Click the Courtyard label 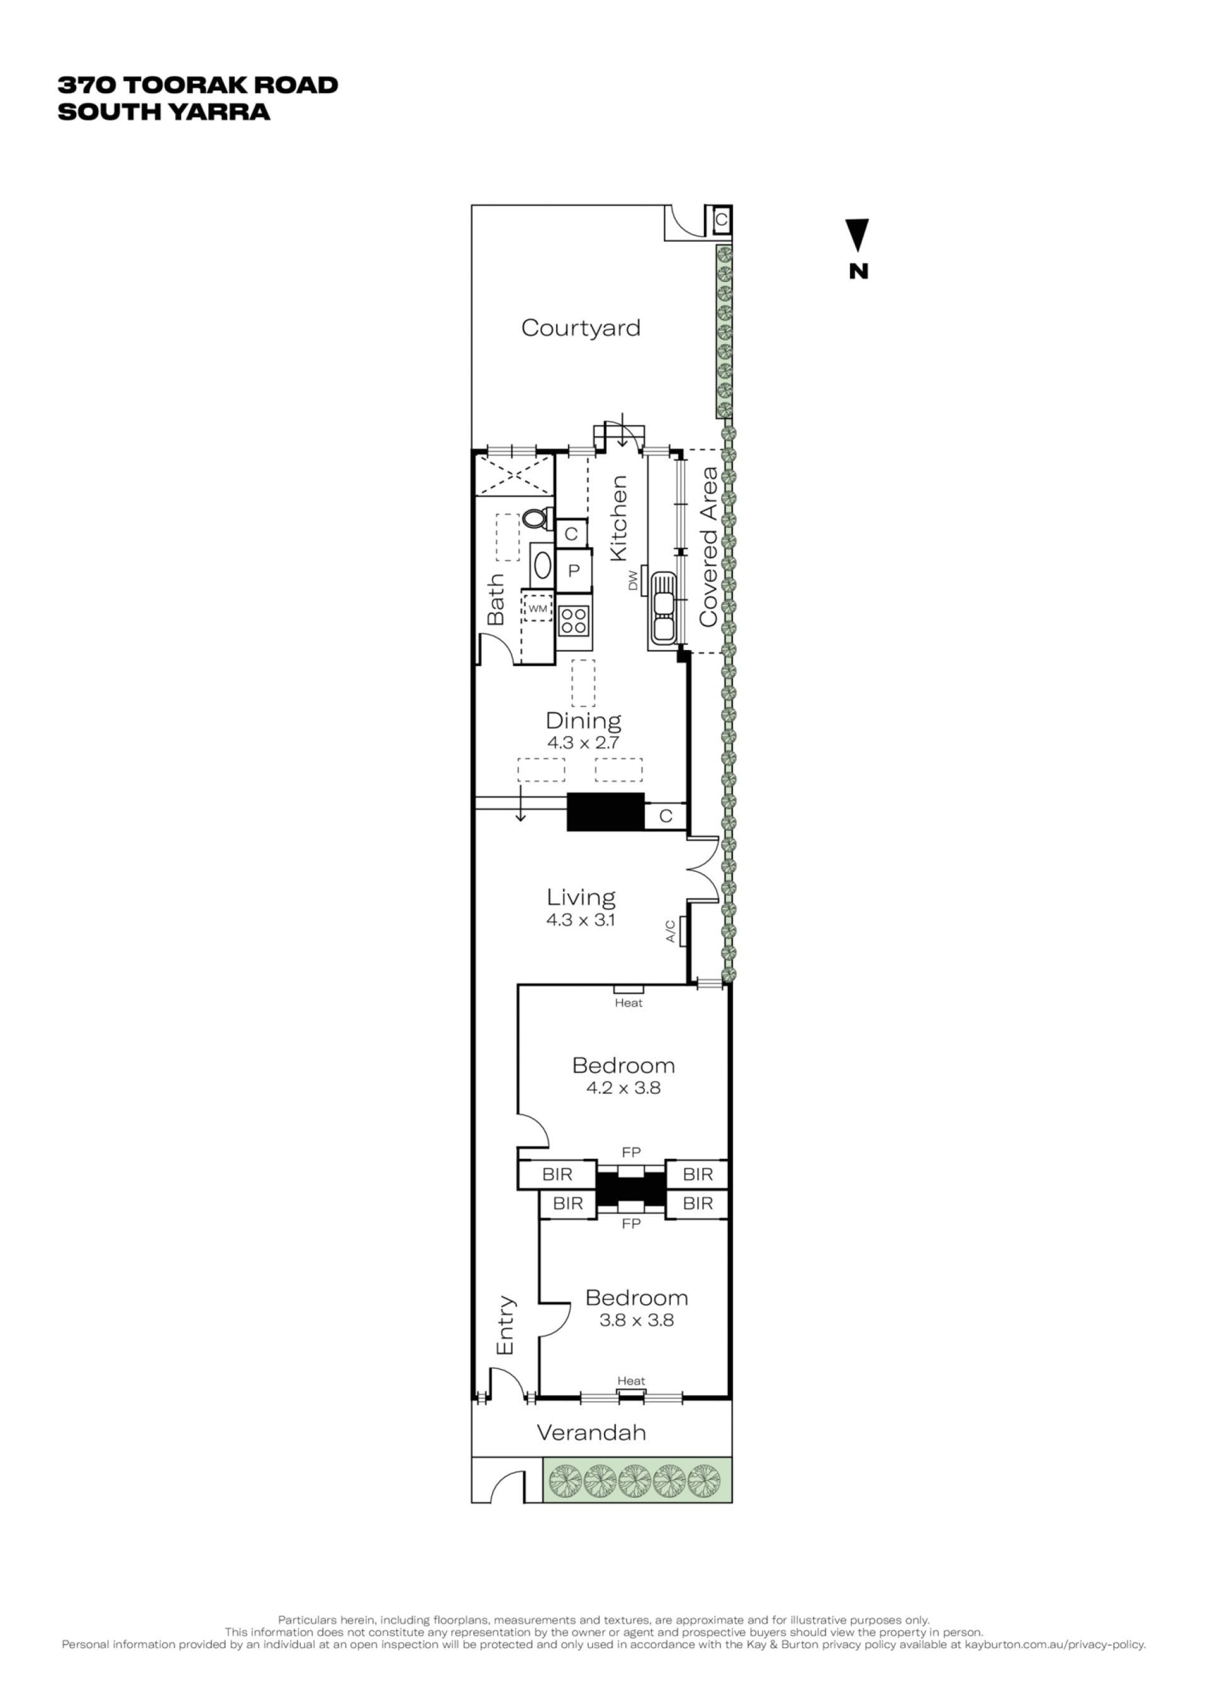(580, 328)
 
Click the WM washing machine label (538, 608)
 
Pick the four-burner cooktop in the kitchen (574, 620)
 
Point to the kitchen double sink (662, 607)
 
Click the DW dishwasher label (634, 579)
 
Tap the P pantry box (574, 571)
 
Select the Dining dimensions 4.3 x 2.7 (583, 742)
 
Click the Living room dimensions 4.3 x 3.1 (580, 920)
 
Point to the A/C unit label (670, 931)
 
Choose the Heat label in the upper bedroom (629, 1003)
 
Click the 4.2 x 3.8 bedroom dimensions (624, 1088)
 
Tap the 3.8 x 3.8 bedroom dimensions (637, 1320)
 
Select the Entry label (505, 1325)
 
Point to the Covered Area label (708, 547)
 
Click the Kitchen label (618, 518)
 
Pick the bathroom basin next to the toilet (542, 566)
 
